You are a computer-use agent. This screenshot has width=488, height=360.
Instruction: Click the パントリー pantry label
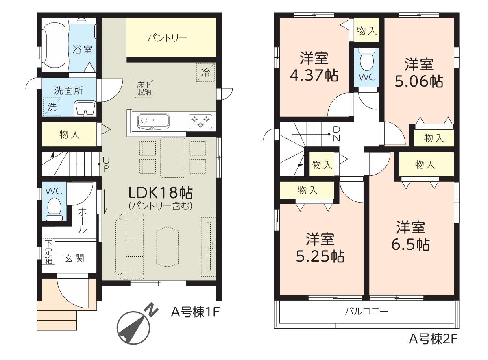click(x=167, y=38)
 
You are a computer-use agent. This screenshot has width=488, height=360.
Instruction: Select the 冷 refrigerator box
click(x=205, y=72)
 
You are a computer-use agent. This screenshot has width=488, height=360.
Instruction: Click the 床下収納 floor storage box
click(x=144, y=89)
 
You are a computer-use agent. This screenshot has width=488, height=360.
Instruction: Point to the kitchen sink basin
click(x=153, y=122)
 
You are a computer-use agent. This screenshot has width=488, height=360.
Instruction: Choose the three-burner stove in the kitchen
click(x=200, y=121)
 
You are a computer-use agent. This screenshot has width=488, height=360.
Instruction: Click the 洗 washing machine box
click(x=52, y=107)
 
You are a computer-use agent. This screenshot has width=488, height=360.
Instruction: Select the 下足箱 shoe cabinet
click(x=48, y=252)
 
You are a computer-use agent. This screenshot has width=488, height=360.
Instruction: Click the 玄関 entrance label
click(x=74, y=258)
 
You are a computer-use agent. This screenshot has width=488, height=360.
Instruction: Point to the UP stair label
click(x=106, y=164)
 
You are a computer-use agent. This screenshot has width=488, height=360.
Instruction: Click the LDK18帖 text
click(x=161, y=193)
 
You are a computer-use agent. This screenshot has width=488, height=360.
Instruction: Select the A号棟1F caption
click(x=195, y=312)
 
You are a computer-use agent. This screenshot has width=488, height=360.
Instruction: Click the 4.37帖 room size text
click(x=314, y=75)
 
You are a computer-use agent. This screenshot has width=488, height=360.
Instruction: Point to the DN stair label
click(x=337, y=134)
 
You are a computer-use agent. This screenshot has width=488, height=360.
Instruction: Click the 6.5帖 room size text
click(x=410, y=244)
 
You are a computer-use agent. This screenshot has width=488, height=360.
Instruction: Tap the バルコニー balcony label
click(x=366, y=312)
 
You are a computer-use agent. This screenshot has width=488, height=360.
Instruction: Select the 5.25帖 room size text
click(x=320, y=256)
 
